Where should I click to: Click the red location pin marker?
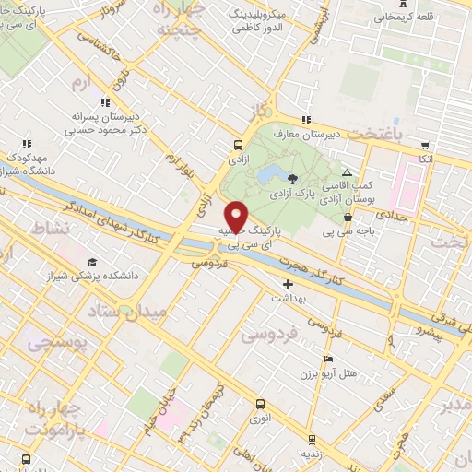[x=236, y=216]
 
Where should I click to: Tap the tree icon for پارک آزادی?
[x=292, y=179]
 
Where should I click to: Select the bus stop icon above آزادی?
[x=239, y=145]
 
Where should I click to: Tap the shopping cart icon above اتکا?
[x=424, y=145]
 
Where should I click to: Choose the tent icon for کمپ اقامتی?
[x=347, y=172]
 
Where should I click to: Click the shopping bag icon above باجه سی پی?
[x=348, y=217]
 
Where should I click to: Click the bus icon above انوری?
[x=259, y=403]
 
